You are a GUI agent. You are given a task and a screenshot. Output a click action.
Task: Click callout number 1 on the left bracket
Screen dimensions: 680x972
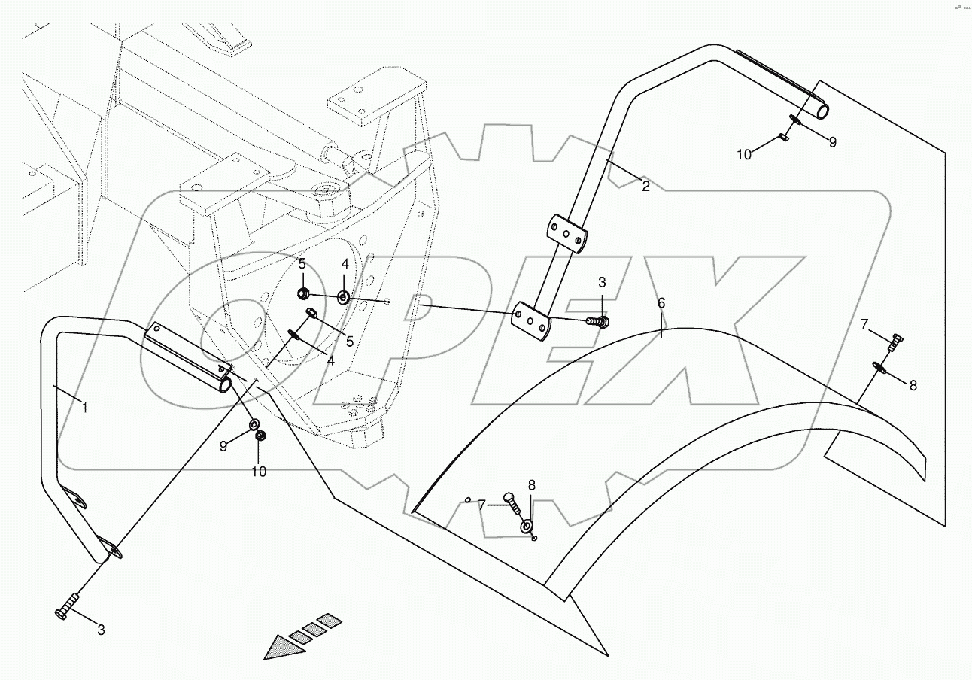(x=85, y=408)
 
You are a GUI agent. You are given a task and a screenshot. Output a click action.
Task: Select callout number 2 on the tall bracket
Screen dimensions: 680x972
(x=645, y=187)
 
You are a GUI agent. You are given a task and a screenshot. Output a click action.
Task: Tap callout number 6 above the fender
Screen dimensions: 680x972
(x=661, y=303)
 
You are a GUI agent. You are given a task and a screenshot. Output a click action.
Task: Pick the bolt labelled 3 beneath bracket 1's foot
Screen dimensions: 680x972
(x=68, y=607)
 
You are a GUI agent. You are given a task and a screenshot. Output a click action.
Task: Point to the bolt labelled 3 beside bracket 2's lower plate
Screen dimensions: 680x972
(x=599, y=321)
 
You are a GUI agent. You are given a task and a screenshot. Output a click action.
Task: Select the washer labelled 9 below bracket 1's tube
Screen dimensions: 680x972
(x=254, y=426)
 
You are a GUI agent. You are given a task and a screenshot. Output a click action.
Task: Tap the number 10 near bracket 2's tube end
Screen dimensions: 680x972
(x=744, y=155)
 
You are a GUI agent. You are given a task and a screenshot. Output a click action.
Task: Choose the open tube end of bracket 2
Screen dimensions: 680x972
(x=822, y=111)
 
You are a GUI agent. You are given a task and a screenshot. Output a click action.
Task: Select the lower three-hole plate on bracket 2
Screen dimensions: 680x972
(x=531, y=320)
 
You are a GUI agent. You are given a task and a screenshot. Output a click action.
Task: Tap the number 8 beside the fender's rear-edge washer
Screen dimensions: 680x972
(x=913, y=385)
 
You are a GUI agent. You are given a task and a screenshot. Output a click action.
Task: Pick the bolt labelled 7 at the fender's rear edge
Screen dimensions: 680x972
(x=894, y=343)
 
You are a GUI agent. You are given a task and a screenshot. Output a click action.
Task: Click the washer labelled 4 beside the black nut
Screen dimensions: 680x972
(x=343, y=297)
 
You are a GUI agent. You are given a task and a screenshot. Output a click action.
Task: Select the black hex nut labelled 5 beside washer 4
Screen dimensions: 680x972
(x=302, y=293)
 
